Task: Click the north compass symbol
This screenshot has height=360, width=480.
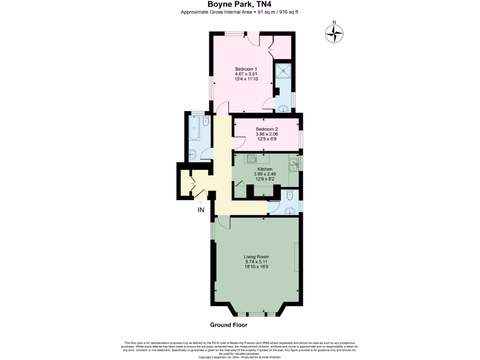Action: coord(334,33)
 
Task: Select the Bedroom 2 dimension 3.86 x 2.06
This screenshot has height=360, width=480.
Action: coord(267,134)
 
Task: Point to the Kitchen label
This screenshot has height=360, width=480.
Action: coord(265,169)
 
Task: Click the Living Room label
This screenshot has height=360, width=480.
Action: coord(256,256)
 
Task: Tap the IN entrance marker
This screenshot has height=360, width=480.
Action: coord(200,210)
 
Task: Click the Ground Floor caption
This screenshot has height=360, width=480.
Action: coord(228,325)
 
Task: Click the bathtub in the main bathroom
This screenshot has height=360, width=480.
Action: coord(194,128)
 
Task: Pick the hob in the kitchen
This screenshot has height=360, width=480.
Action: coord(252,158)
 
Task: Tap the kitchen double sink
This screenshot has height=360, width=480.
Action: coord(294,164)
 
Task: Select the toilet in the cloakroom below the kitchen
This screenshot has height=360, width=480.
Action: coord(289,194)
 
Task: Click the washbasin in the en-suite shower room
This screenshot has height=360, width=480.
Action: coord(283,109)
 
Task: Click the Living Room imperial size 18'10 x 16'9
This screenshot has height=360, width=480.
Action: coord(256,267)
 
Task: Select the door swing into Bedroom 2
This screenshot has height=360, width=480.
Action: coord(238,140)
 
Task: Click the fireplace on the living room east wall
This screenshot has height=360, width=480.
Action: coord(296,257)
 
